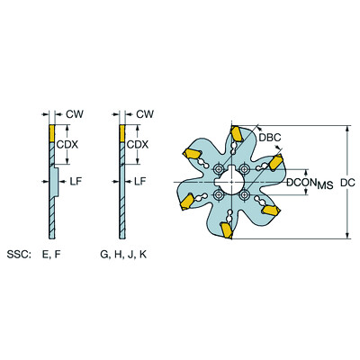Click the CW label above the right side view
(x=144, y=114)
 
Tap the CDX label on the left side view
(x=66, y=145)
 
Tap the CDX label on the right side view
(x=137, y=145)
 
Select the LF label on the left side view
(x=66, y=181)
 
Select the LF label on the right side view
(x=140, y=181)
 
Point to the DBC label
(x=270, y=138)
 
